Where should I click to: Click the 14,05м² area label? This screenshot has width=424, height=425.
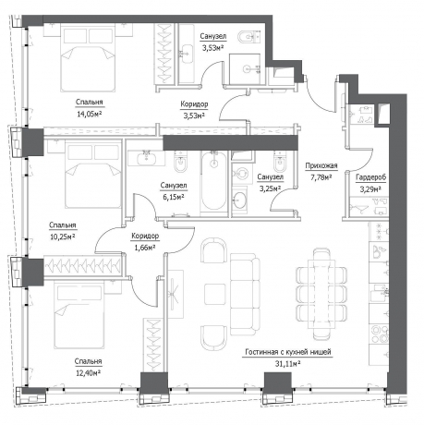click(x=90, y=115)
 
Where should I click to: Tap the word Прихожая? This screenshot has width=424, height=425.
click(x=321, y=166)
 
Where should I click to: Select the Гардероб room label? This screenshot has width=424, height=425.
click(x=370, y=177)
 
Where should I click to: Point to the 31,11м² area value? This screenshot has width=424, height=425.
click(x=287, y=364)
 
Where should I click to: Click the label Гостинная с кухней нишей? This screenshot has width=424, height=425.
click(x=288, y=352)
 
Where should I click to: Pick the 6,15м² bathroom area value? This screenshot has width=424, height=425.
click(x=174, y=197)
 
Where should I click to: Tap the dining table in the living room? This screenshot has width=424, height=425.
click(x=321, y=295)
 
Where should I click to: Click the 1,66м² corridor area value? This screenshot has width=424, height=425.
click(x=145, y=248)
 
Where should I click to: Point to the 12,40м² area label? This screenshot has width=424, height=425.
click(x=89, y=373)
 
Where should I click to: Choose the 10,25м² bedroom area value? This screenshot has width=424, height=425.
click(x=63, y=237)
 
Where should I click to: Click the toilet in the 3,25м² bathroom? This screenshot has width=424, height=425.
click(x=280, y=162)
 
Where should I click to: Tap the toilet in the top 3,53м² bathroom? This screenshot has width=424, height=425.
click(x=248, y=37)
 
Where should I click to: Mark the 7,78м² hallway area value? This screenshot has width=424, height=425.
click(x=321, y=177)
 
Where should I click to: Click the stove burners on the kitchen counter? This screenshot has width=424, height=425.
click(x=379, y=334)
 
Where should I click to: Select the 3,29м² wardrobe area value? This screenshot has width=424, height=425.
click(x=370, y=189)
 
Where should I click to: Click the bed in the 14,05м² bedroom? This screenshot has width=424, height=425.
click(x=89, y=58)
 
